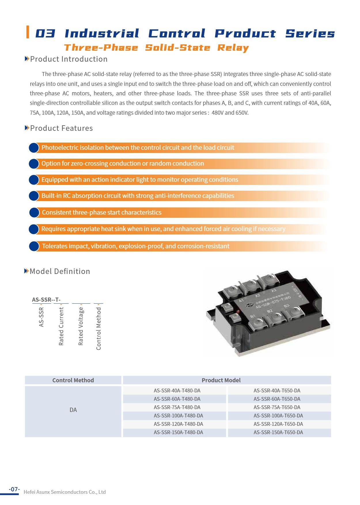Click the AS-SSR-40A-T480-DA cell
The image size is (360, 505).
tap(177, 391)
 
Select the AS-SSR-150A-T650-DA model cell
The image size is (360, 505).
tap(278, 432)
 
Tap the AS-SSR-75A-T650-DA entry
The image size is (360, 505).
tap(277, 407)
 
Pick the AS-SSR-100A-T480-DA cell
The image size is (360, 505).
tap(178, 416)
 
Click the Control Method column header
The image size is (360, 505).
tap(73, 380)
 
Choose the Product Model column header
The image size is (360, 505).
tap(221, 380)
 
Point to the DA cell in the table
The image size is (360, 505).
tap(73, 410)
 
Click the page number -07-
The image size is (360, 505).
tap(14, 489)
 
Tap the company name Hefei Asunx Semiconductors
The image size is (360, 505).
tap(65, 492)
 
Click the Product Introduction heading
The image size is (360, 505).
tap(69, 59)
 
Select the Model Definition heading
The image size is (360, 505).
tap(60, 271)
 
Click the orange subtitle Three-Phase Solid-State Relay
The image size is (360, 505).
tap(156, 48)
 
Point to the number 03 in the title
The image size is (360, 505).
tap(45, 34)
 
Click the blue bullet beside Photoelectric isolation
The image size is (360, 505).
tap(34, 148)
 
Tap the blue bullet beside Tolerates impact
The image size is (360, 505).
tap(34, 246)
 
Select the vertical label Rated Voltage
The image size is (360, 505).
tap(81, 326)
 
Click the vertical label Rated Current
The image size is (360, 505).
tap(61, 326)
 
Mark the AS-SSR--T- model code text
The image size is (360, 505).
tap(46, 300)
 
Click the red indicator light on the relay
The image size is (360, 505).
tap(238, 311)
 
